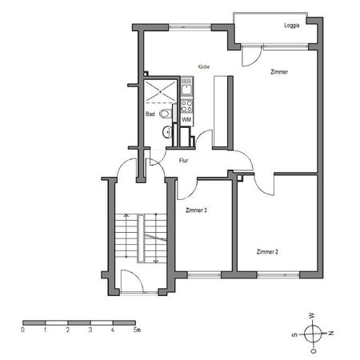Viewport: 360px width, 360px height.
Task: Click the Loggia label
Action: coord(293,26)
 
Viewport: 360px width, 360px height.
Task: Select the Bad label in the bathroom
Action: coord(150,114)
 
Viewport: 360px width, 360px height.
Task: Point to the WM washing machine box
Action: coord(186,119)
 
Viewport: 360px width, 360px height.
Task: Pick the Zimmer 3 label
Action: coord(196,210)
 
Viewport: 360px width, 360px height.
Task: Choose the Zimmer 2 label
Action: coord(267,251)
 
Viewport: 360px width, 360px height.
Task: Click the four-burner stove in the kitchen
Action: coord(186,103)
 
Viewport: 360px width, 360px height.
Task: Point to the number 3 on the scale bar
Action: coord(90,329)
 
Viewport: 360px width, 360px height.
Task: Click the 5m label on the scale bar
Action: coord(137,329)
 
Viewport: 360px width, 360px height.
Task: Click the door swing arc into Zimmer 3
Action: coord(186,189)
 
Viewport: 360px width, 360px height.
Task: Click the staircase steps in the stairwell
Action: coord(127,237)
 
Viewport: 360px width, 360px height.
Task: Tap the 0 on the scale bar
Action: coord(23,329)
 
